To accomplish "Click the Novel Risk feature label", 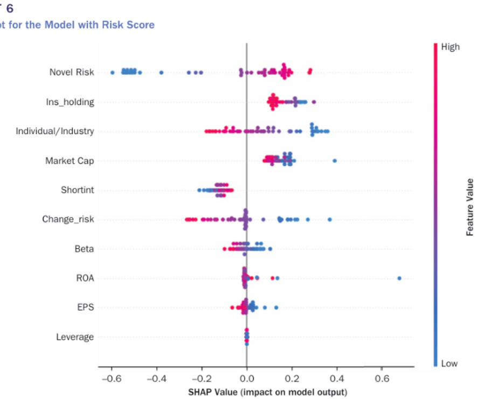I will click(71, 72).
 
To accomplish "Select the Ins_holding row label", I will click(70, 102).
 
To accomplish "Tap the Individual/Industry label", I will click(54, 131).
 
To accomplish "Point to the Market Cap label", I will click(70, 160).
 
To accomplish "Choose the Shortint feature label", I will click(77, 190).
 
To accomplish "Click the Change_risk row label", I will click(68, 219).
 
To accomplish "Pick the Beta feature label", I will click(84, 249).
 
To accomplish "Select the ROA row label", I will click(85, 278).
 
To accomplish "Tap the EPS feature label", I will click(85, 307).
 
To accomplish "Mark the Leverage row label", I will click(75, 337).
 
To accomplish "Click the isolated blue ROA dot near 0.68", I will click(399, 278).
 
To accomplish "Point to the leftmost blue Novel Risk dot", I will click(112, 72).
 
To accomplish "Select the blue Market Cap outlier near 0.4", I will click(335, 160).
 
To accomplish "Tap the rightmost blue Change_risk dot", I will click(330, 219).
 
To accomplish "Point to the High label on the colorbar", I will click(450, 47).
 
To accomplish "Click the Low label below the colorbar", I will click(449, 363).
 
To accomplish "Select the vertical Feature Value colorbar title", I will click(470, 207).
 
